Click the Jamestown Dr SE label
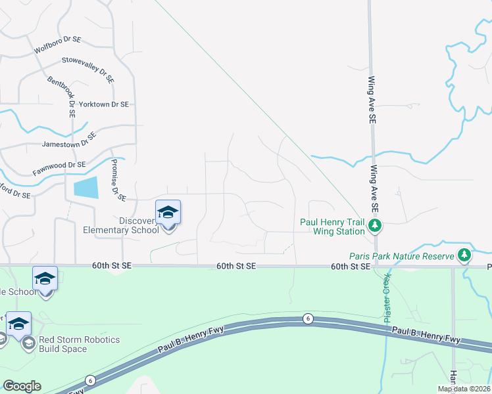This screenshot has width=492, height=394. (x=69, y=140)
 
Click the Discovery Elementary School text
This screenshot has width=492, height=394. (x=120, y=225)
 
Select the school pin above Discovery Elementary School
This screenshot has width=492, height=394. (x=168, y=212)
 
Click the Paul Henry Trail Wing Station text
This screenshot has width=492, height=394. (x=332, y=227)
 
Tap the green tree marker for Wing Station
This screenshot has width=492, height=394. (x=375, y=227)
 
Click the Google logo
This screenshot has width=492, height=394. (x=22, y=386)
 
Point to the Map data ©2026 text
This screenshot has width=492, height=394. (x=464, y=389)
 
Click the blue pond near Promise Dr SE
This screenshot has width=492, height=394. (x=86, y=188)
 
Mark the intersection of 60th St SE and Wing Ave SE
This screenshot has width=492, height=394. (x=375, y=266)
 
